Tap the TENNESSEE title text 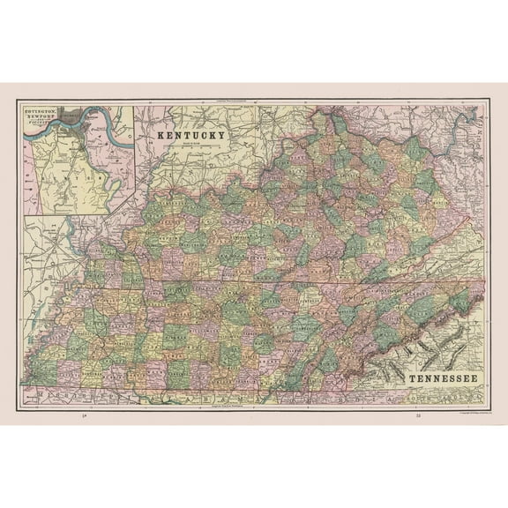[x=443, y=379]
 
